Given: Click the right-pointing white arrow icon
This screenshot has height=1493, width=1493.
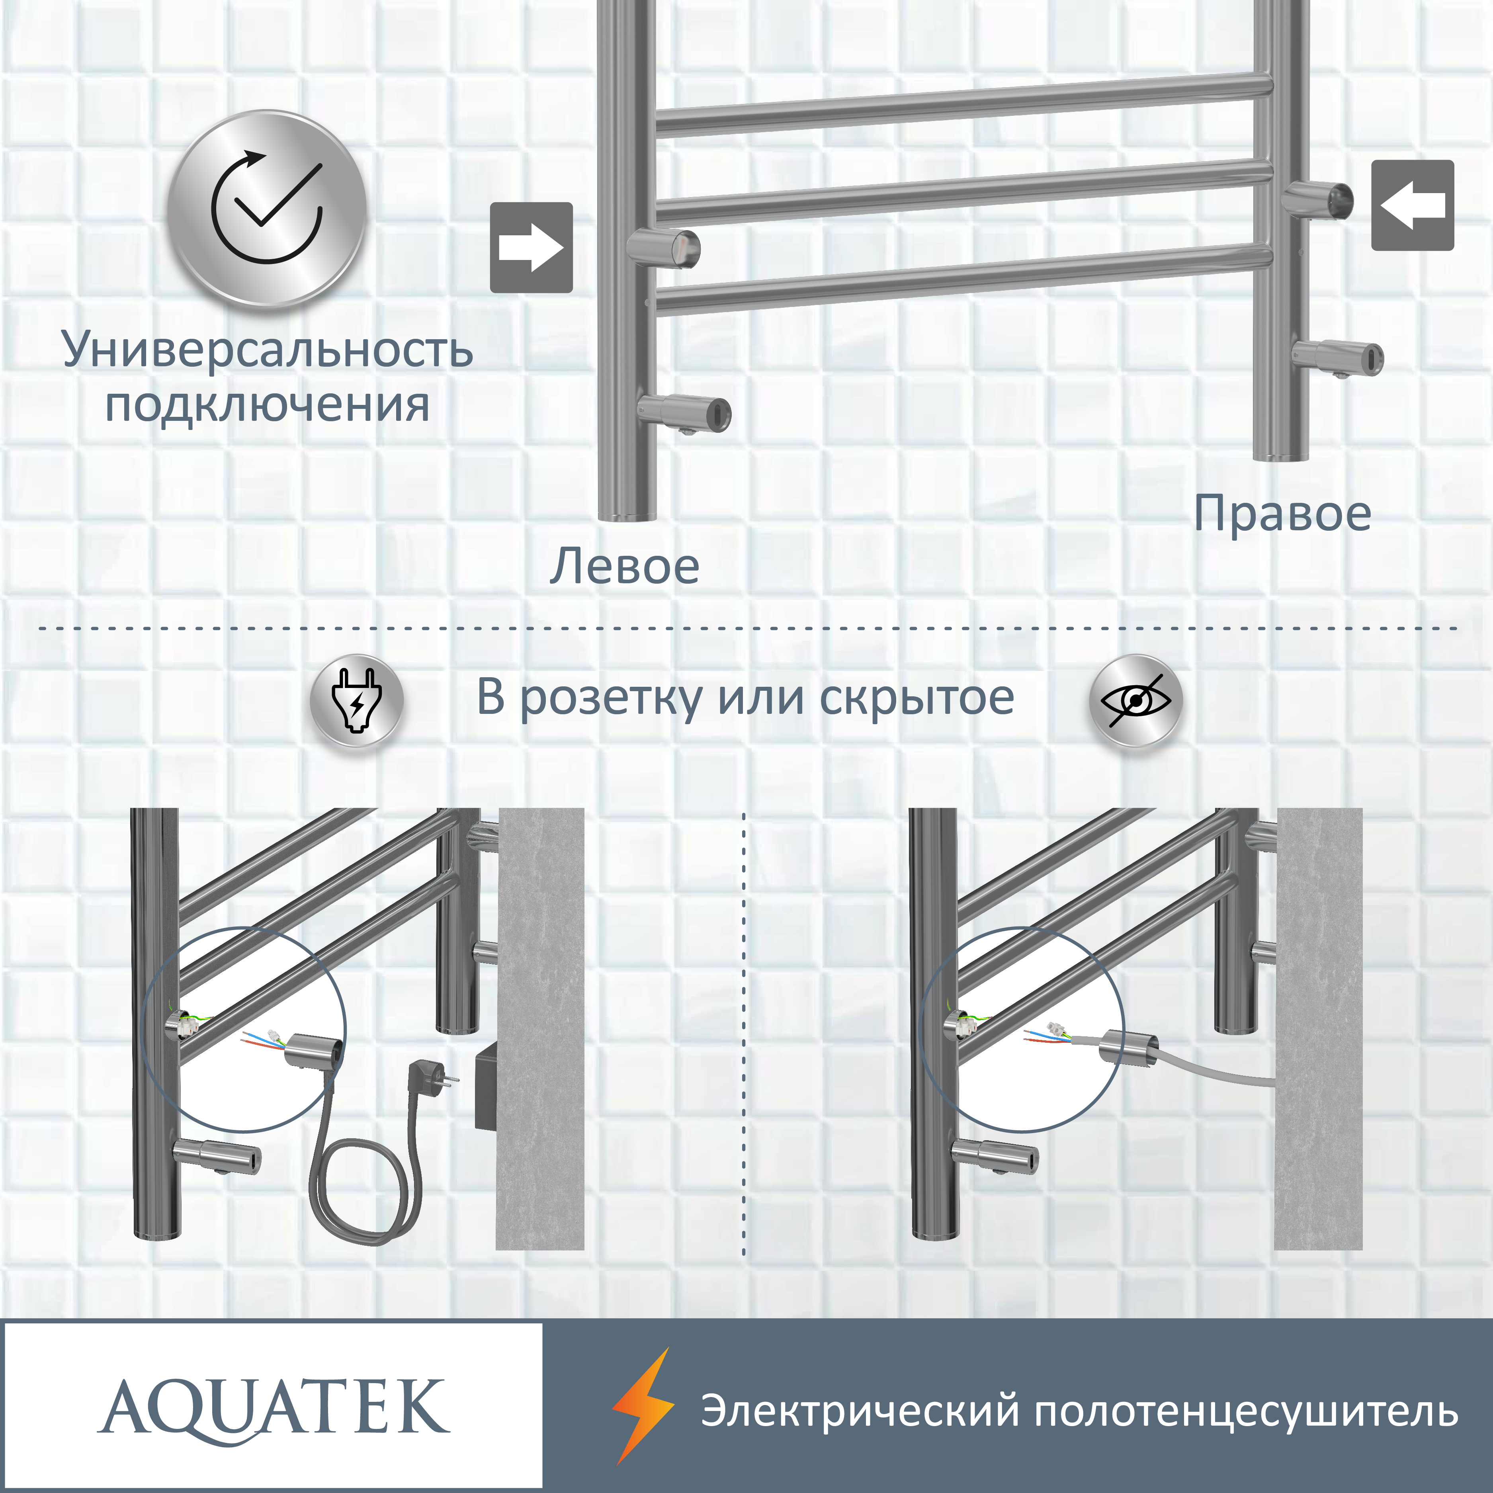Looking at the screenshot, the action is (531, 247).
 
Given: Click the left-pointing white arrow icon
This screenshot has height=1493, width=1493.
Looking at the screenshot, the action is (1413, 205).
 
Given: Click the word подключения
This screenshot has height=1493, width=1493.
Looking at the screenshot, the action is (268, 405).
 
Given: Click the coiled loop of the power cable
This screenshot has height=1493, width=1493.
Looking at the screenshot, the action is (365, 1206).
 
